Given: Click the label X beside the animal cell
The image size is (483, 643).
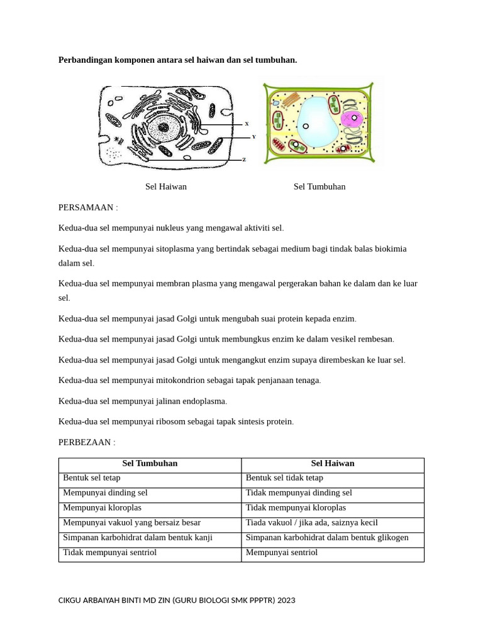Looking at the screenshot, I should (x=247, y=124).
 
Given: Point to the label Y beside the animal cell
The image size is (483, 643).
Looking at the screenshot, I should (x=253, y=136).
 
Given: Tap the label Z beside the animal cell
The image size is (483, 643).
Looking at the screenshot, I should (x=244, y=159).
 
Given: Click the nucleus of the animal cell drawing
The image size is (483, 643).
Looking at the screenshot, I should (x=164, y=129).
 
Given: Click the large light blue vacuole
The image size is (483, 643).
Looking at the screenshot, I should (x=318, y=124).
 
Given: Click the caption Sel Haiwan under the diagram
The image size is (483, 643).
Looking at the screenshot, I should (x=166, y=186).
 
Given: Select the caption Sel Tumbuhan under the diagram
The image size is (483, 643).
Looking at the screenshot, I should (x=319, y=186).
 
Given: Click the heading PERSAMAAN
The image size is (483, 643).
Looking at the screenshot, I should (x=88, y=207).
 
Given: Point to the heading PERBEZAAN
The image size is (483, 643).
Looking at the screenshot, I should (x=87, y=442).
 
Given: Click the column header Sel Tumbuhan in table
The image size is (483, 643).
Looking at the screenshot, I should (x=150, y=463).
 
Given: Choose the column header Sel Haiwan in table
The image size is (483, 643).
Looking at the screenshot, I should (x=333, y=463).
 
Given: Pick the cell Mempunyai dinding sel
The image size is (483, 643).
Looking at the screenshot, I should (x=105, y=493).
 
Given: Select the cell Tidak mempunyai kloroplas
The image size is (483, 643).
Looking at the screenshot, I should (x=296, y=507).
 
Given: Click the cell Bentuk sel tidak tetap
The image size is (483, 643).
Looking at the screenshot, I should (x=284, y=478).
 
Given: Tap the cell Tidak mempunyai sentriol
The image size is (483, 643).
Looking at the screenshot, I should (x=109, y=553).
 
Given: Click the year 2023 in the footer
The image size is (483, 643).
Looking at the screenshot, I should (x=285, y=600).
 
